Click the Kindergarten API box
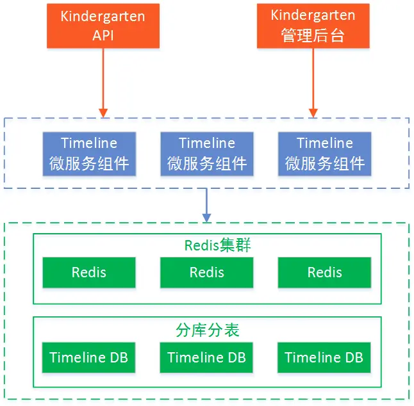(x=103, y=26)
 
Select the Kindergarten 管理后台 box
(x=313, y=26)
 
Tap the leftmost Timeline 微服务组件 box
(x=89, y=154)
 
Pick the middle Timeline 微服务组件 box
(x=207, y=154)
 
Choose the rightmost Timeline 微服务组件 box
(x=325, y=154)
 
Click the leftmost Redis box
(x=89, y=273)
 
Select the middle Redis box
(x=207, y=273)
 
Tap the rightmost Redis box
(x=324, y=273)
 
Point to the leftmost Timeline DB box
(x=88, y=357)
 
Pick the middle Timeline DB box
(x=206, y=357)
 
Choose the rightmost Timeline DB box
(x=324, y=357)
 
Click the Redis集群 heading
(x=217, y=245)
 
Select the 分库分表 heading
(x=208, y=330)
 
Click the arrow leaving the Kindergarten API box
(x=103, y=83)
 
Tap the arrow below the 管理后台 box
(x=313, y=83)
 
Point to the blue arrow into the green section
(x=207, y=206)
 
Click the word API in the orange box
(x=103, y=35)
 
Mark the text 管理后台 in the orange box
(x=313, y=35)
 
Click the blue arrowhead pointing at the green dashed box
(x=207, y=218)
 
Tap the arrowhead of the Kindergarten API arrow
(x=103, y=113)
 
